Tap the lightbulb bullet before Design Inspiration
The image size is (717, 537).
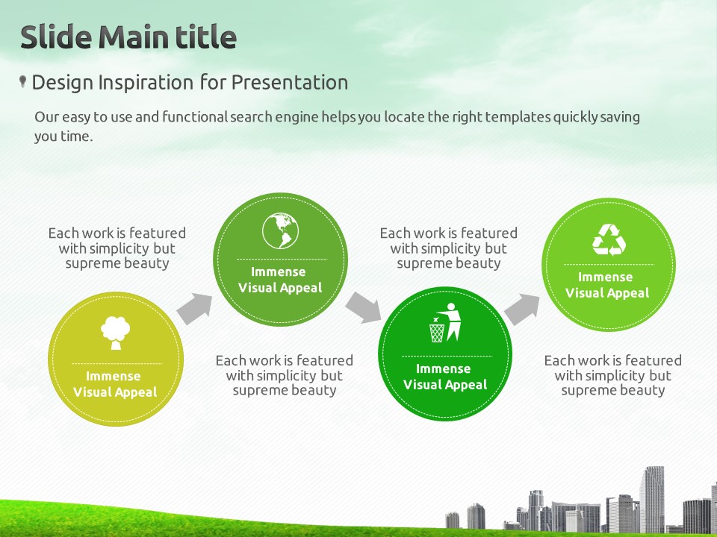pos(22,81)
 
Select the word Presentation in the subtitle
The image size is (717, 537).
pos(290,83)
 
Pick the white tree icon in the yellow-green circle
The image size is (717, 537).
pos(115,333)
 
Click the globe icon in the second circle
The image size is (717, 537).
pos(280,231)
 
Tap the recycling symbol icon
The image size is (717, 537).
pos(609,239)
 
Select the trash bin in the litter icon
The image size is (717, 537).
pos(437,332)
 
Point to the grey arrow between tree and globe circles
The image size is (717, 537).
pos(195,309)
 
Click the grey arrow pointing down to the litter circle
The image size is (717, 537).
pos(364,308)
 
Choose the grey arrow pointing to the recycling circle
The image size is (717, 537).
pos(522,309)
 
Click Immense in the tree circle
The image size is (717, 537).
pos(114,376)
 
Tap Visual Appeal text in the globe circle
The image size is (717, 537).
pos(280,288)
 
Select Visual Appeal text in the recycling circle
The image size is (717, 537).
pos(607,293)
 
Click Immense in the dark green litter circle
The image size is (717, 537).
pos(443,369)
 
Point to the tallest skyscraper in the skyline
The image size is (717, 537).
pos(651,500)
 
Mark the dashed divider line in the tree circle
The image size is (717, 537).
pos(117,364)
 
